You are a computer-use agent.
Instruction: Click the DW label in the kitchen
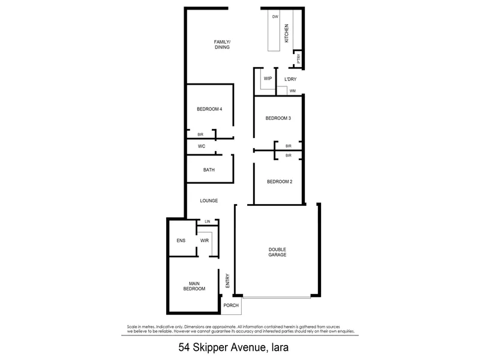click(x=275, y=17)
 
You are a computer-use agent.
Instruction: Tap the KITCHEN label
click(x=287, y=34)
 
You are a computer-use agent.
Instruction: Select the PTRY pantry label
click(x=298, y=58)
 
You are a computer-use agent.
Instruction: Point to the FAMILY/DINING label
click(x=222, y=44)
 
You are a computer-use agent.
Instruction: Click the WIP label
click(x=268, y=79)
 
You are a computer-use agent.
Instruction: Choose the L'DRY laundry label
click(x=290, y=79)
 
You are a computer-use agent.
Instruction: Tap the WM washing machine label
click(x=293, y=91)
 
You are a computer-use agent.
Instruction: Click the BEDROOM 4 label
click(x=209, y=109)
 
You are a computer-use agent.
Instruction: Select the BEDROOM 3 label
click(x=278, y=118)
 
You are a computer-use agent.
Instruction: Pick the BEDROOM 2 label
click(x=280, y=182)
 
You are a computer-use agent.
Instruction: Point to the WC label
click(x=202, y=146)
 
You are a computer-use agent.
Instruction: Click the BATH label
click(x=209, y=170)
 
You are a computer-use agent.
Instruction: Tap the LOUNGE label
click(x=209, y=201)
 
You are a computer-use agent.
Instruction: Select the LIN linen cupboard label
click(x=208, y=221)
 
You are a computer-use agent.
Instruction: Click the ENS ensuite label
click(x=181, y=241)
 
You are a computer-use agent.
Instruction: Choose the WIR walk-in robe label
click(x=205, y=241)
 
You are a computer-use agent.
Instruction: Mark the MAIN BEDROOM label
click(x=194, y=286)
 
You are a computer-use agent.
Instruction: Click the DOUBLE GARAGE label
click(x=277, y=252)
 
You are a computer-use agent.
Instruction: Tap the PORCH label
click(x=231, y=305)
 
